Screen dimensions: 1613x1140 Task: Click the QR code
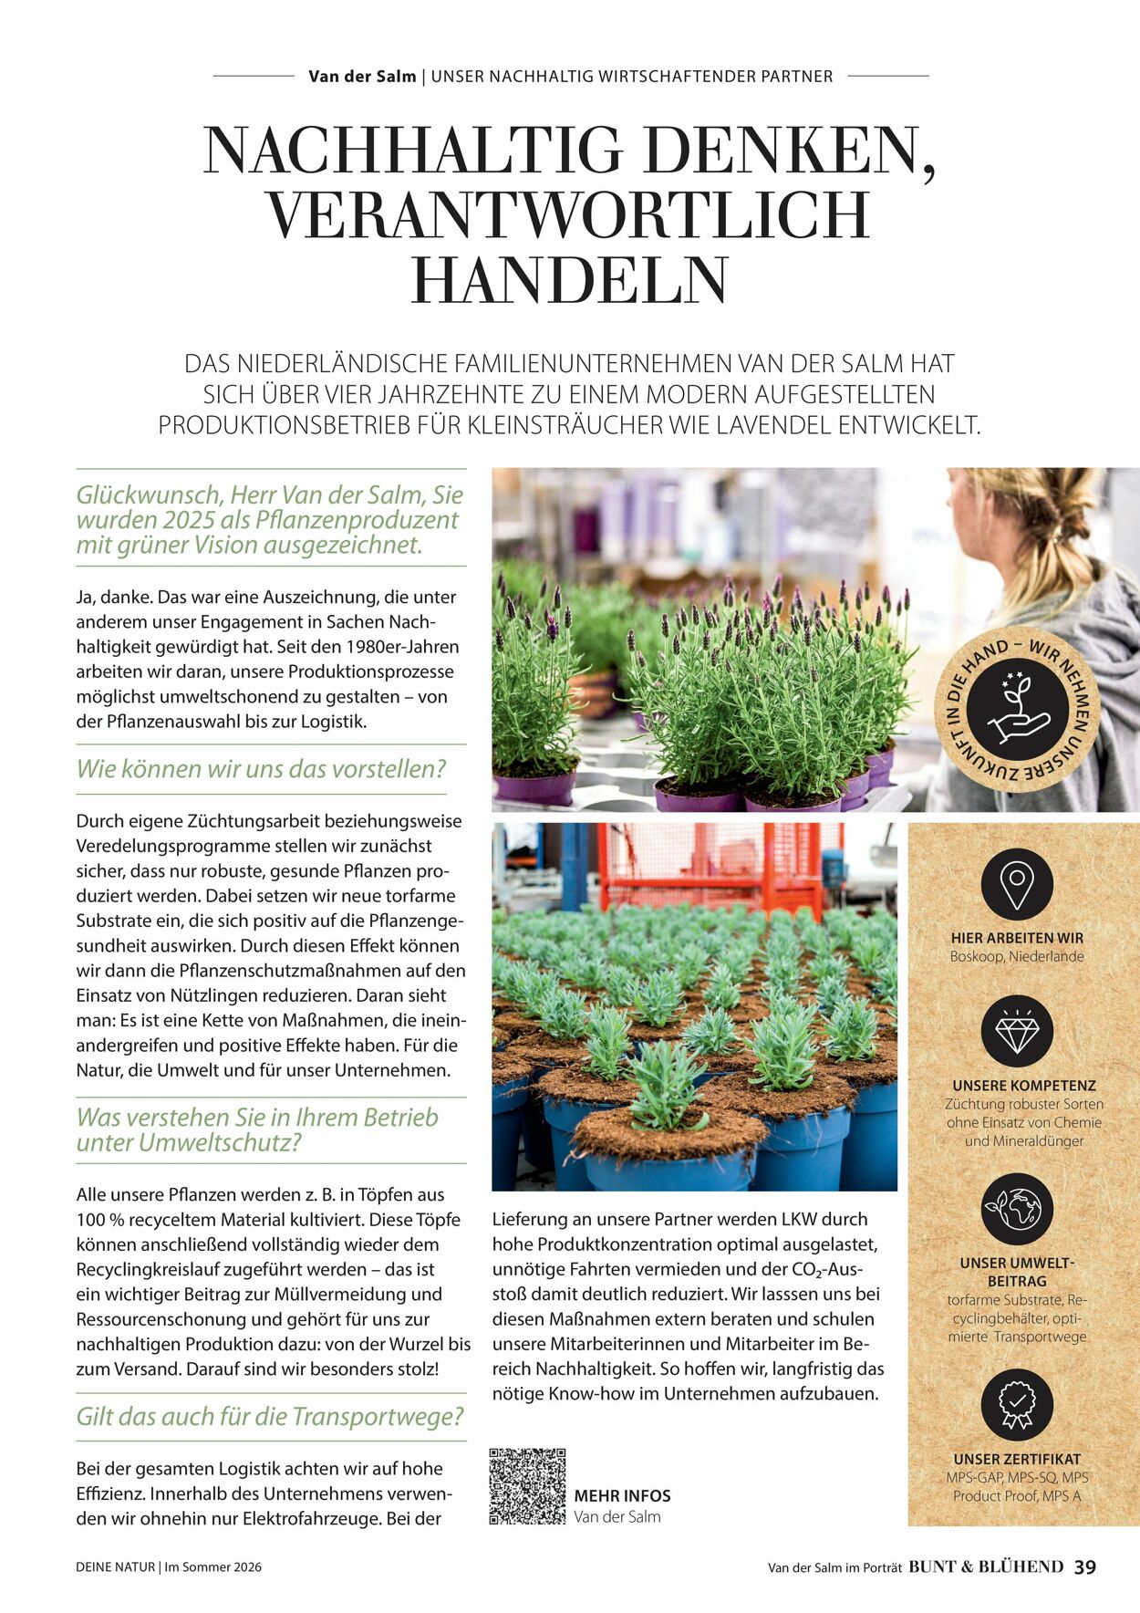pos(527,1486)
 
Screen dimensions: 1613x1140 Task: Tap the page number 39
pos(1084,1566)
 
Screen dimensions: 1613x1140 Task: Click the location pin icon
pos(1017,882)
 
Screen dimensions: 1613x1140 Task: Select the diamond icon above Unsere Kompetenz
pos(1017,1031)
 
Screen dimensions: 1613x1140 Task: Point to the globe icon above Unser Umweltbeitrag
pos(1017,1209)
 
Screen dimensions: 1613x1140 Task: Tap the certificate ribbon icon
pos(1017,1405)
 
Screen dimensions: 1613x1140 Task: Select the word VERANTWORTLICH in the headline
pos(569,215)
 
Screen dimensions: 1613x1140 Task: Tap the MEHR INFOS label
pos(622,1496)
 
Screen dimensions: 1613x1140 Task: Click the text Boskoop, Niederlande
pos(1017,956)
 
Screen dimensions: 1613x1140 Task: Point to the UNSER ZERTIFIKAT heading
pos(1017,1459)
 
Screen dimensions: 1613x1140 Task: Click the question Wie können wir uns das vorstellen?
pos(262,769)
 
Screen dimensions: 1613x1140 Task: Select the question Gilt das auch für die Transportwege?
pos(270,1417)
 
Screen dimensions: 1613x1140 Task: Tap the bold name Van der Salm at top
pos(362,77)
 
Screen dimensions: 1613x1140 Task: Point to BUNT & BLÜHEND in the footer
pos(986,1566)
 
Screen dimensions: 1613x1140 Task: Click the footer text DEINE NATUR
pos(115,1567)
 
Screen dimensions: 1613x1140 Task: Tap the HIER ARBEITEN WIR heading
pos(1017,938)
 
